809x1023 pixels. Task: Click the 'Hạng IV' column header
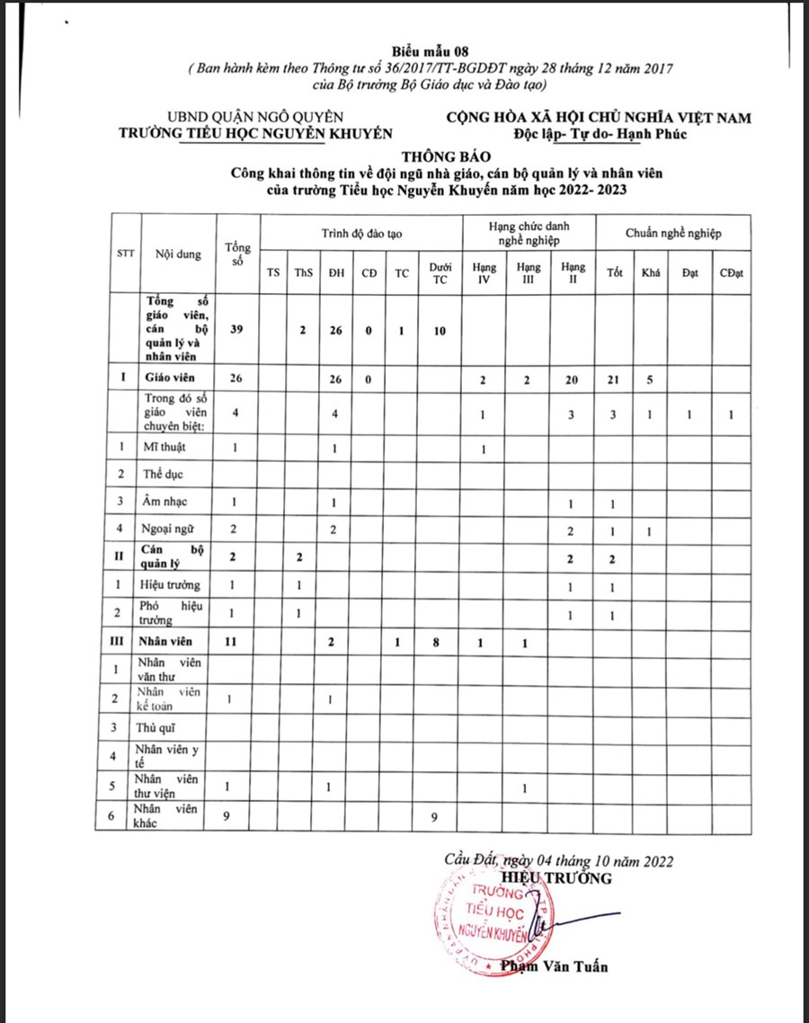click(484, 272)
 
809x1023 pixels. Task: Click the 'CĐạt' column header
click(731, 273)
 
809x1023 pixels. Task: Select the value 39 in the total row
click(236, 330)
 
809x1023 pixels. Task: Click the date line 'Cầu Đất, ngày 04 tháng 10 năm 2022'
click(558, 860)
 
